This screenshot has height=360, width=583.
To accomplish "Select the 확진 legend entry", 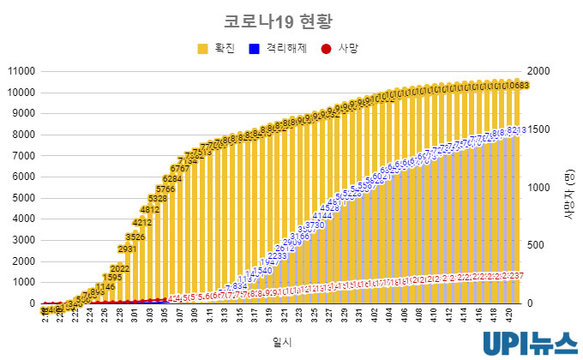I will [x=217, y=49].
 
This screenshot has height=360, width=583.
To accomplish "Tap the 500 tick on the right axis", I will [x=533, y=245].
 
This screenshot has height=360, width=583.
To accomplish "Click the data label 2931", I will [x=127, y=249].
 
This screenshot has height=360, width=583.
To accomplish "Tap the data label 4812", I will [x=149, y=209].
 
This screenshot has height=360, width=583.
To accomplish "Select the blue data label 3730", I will [x=316, y=225].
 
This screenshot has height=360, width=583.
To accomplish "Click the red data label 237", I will [x=515, y=275].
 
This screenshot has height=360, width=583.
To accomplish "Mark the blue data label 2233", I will [x=277, y=256].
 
